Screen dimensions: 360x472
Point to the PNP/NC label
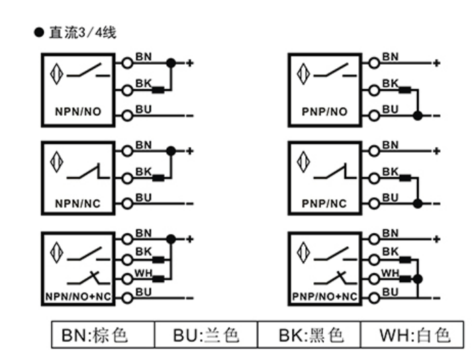pyautogui.click(x=324, y=203)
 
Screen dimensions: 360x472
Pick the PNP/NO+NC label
pyautogui.click(x=325, y=297)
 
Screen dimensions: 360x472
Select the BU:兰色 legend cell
pyautogui.click(x=206, y=335)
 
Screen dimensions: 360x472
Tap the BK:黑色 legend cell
pyautogui.click(x=311, y=335)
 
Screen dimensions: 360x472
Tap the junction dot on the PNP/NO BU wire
pyautogui.click(x=418, y=115)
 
